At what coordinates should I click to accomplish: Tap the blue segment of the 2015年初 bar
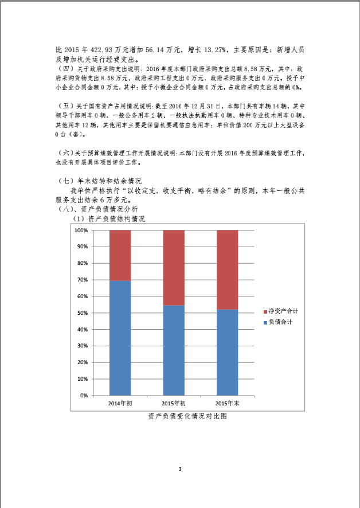pos(174,350)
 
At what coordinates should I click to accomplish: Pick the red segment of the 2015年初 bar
pos(174,268)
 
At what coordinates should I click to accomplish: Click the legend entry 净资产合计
pos(283,311)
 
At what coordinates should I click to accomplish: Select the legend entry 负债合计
pos(280,322)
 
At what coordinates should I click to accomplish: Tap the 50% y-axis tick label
pos(82,313)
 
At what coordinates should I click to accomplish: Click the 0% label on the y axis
pos(84,396)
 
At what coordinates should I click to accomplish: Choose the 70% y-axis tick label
pos(82,280)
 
